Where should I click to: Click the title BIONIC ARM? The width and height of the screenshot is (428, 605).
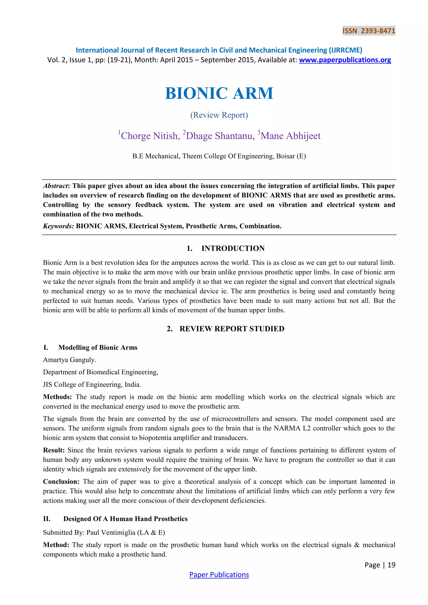(219, 93)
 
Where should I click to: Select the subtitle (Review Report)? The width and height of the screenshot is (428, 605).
(219, 115)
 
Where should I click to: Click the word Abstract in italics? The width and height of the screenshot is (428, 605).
(55, 186)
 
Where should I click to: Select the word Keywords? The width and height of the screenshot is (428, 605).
(58, 226)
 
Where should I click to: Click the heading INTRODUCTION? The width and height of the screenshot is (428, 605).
(233, 248)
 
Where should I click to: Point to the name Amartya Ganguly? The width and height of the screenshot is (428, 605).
(69, 360)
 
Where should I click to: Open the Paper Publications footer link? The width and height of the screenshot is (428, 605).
(219, 574)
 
